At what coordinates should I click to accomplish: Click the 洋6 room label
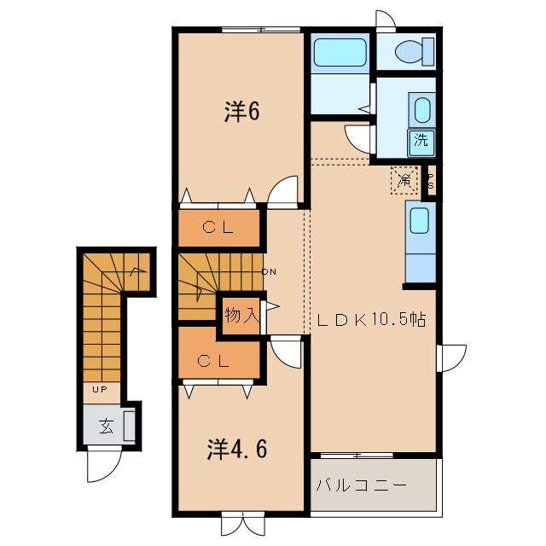coord(241,112)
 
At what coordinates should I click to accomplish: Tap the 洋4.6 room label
coord(241,448)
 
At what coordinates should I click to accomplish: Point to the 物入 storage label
coord(241,315)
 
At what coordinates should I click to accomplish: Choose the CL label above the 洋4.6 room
coord(217,361)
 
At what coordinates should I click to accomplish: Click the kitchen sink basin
coord(419,220)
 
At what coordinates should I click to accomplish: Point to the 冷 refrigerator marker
coord(404,180)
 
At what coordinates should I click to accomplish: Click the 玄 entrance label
coord(105,426)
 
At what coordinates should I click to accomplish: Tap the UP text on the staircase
coord(99,390)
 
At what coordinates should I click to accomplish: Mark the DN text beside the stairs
coord(269,272)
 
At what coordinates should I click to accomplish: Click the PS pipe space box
coord(431,181)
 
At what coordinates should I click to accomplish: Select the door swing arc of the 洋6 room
coord(283,191)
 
